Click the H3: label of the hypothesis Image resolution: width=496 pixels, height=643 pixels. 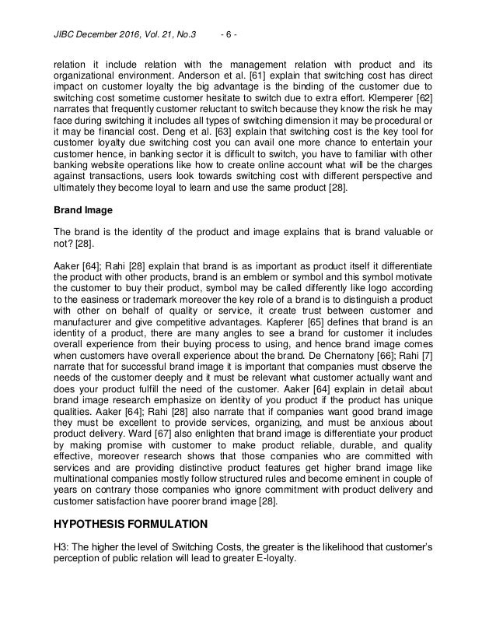(x=61, y=547)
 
